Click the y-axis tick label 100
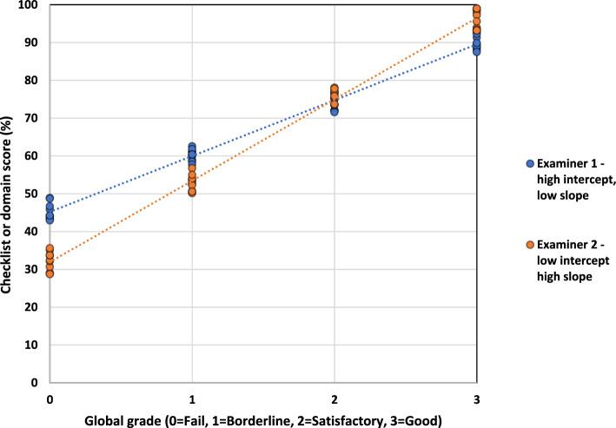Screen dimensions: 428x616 [x=30, y=5]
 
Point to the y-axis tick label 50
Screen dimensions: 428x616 [x=32, y=194]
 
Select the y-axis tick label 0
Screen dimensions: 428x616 [x=36, y=382]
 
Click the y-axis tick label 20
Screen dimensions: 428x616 [x=32, y=306]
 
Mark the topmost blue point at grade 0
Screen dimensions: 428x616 [x=50, y=199]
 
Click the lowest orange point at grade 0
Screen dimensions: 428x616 [x=50, y=273]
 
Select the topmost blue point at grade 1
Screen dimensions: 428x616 [x=192, y=147]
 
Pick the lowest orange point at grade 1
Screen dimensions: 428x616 [x=192, y=192]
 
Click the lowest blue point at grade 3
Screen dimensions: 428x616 [x=477, y=52]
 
